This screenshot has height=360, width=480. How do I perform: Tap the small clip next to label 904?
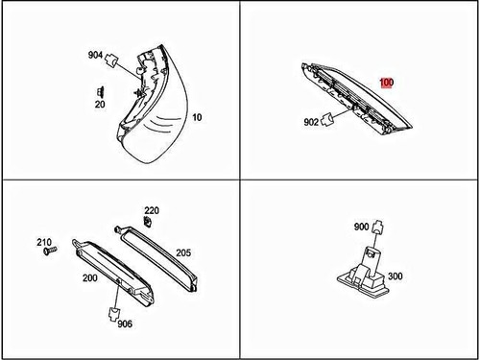pos(113,60)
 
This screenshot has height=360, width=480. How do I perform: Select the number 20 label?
pos(100,105)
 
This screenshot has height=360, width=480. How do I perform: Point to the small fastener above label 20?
pos(100,91)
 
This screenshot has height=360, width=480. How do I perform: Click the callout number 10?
pos(197,118)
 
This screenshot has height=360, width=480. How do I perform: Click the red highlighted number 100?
pos(386,84)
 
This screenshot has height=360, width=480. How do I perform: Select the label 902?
pos(312,122)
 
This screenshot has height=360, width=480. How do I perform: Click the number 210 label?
pos(43,242)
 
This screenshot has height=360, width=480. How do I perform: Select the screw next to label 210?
pos(55,251)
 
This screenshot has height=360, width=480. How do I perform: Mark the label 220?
pos(152,210)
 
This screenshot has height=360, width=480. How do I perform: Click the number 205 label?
pos(182,252)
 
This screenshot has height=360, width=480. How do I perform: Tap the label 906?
pos(125,324)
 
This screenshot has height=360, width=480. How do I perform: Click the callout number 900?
pos(361,228)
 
